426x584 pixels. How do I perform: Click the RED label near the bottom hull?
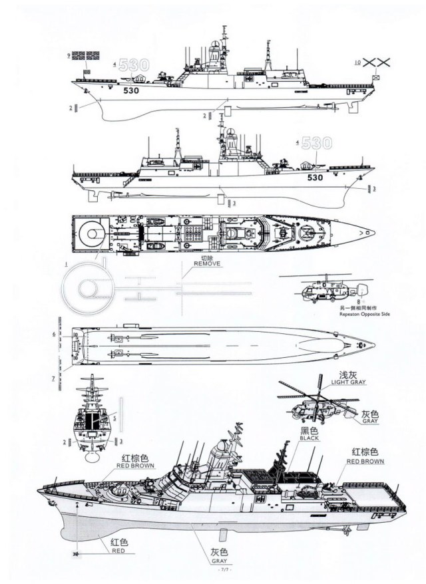[x=119, y=551]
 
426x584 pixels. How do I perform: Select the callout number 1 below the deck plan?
[x=66, y=263]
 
